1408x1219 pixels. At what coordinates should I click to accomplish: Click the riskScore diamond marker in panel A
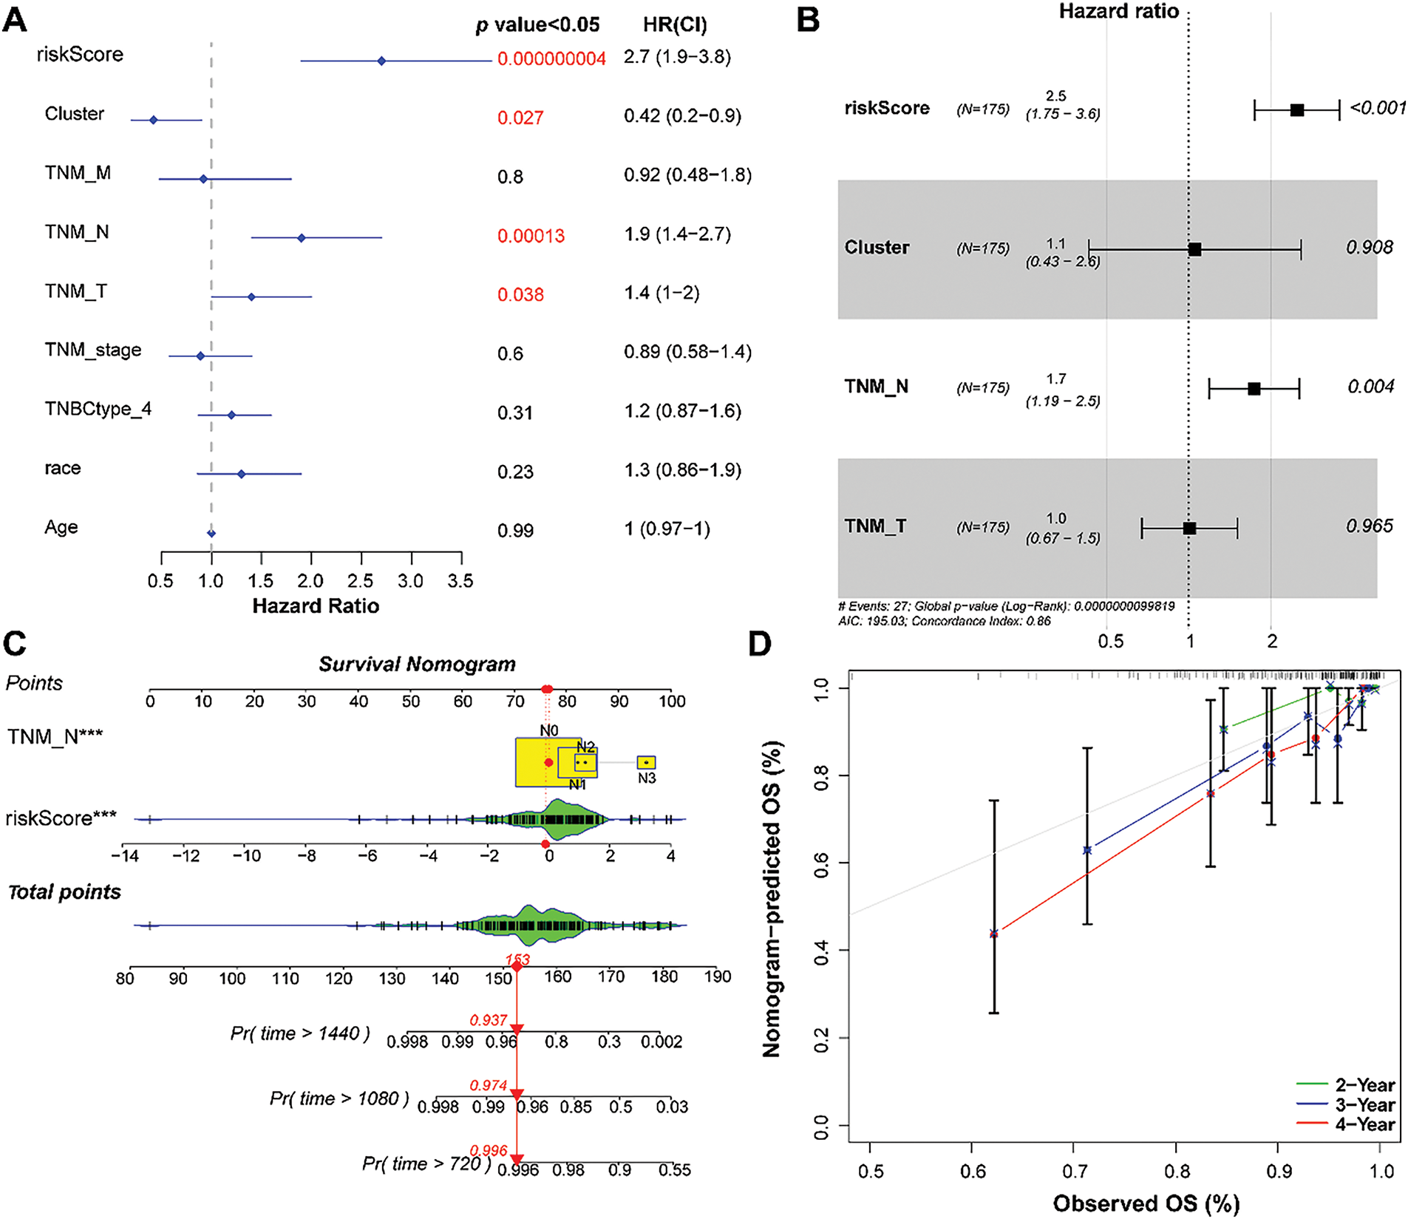(x=381, y=61)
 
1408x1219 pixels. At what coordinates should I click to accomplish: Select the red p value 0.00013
(x=531, y=236)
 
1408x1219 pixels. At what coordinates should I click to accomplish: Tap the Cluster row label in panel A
(x=75, y=114)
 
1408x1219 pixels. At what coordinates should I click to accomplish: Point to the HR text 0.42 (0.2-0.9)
(x=682, y=116)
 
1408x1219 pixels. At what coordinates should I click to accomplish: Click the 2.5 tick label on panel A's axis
(x=361, y=581)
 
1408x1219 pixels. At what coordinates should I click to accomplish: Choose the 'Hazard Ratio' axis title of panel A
(x=316, y=606)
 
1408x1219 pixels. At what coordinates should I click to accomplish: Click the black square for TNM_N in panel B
(x=1254, y=389)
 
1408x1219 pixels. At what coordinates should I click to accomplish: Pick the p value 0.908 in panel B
(x=1369, y=247)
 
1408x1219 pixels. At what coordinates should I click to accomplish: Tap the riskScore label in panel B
(x=887, y=108)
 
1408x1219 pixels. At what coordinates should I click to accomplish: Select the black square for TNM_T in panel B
(x=1189, y=529)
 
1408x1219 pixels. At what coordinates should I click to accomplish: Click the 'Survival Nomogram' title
(x=417, y=664)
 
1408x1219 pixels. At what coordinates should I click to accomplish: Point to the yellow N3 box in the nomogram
(x=646, y=762)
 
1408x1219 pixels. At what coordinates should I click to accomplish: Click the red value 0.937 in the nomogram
(x=489, y=1020)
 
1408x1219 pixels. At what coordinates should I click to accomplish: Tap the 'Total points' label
(x=64, y=892)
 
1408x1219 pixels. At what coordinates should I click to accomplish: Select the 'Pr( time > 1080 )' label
(x=339, y=1099)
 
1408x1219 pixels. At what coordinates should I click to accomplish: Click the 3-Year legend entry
(x=1364, y=1104)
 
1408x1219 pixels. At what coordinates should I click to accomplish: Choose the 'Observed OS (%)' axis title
(x=1146, y=1203)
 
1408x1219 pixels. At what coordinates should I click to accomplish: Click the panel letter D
(x=761, y=644)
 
